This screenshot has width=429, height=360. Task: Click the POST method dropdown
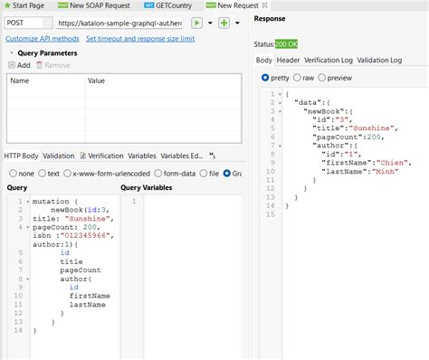[x=27, y=22]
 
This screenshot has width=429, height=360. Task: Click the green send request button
[x=195, y=22]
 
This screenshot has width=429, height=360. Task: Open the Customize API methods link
[x=42, y=39]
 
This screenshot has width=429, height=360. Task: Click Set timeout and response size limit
[x=139, y=39]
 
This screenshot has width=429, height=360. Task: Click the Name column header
[x=19, y=81]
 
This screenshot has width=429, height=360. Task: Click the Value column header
[x=96, y=81]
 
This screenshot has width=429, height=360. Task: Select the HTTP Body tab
[x=22, y=156]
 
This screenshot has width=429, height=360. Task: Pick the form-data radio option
[x=171, y=173]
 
